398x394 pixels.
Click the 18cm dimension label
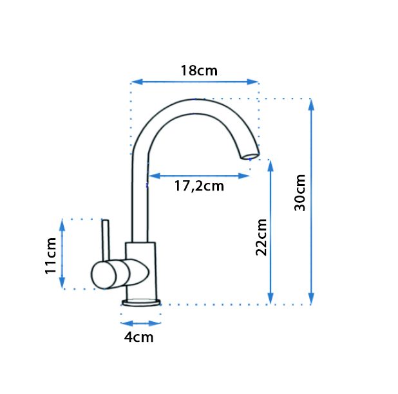[199, 71]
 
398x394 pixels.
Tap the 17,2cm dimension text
[199, 186]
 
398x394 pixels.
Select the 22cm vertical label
[261, 237]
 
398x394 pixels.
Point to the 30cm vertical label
[299, 192]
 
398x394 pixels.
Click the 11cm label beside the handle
[50, 256]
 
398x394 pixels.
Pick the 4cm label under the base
[139, 337]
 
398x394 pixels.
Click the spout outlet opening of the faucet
[251, 156]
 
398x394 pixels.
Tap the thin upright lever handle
[106, 240]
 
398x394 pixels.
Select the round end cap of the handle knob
[104, 276]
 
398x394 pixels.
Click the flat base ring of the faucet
[141, 303]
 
